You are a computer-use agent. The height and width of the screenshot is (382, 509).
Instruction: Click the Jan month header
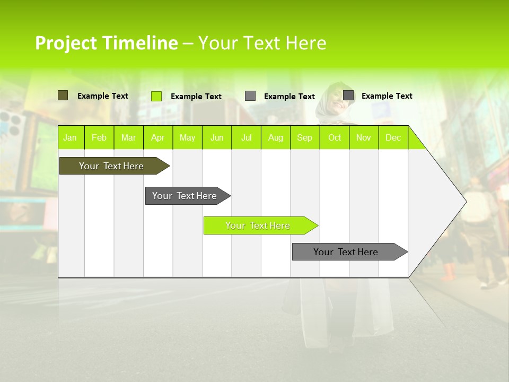(x=70, y=137)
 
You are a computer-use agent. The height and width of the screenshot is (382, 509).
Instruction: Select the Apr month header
(x=157, y=137)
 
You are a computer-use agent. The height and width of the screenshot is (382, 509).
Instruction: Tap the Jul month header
(x=246, y=137)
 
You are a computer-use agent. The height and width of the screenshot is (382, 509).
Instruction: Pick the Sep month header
(x=304, y=137)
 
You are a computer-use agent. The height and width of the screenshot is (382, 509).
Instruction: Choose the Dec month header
(x=393, y=137)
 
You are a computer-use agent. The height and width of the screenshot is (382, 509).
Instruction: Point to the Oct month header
(x=335, y=137)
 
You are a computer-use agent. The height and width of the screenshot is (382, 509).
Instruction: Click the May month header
(x=187, y=137)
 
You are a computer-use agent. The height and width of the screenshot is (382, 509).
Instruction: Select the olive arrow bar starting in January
(x=111, y=166)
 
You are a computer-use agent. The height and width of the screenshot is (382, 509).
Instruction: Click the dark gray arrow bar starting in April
(x=185, y=196)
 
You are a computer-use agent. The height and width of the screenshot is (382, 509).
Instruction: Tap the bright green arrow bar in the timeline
(x=258, y=225)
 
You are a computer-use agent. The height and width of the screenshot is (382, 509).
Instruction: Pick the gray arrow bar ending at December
(x=346, y=252)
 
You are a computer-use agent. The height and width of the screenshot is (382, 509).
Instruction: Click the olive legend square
(x=63, y=95)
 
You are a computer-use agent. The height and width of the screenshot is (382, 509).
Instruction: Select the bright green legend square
(x=156, y=96)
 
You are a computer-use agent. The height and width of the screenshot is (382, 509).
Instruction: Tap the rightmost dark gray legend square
(x=348, y=95)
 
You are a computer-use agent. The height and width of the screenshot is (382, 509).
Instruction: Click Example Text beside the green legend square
(x=196, y=97)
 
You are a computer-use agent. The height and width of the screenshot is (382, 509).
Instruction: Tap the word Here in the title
(x=306, y=43)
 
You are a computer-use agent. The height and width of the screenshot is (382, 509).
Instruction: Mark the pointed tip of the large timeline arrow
(x=466, y=201)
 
